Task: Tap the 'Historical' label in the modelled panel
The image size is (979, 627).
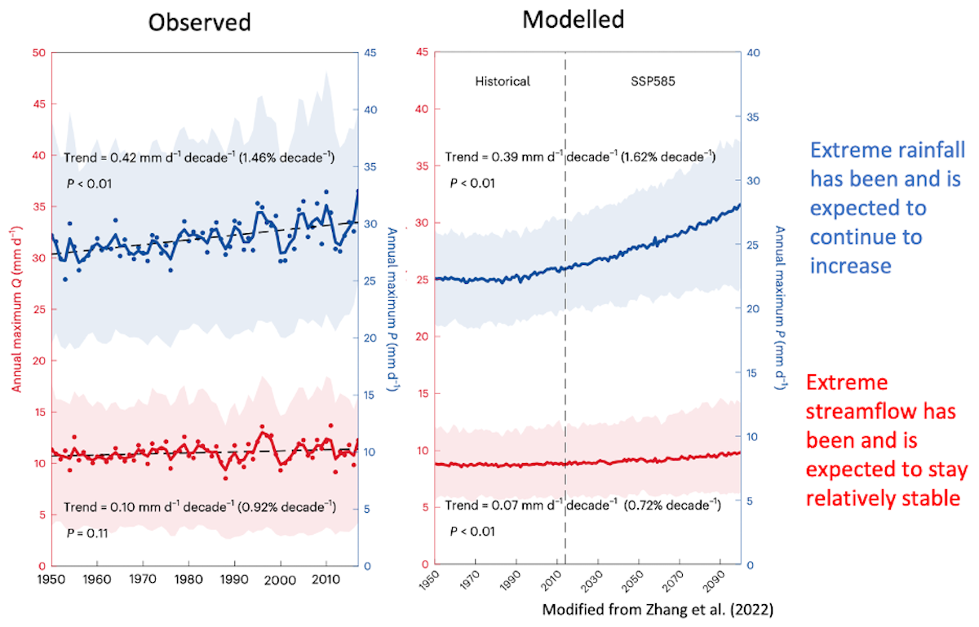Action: (503, 81)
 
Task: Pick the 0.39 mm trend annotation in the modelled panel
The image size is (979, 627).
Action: (580, 156)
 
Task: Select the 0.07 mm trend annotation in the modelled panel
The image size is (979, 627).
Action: (583, 506)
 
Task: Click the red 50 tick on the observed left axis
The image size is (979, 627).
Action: (38, 53)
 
